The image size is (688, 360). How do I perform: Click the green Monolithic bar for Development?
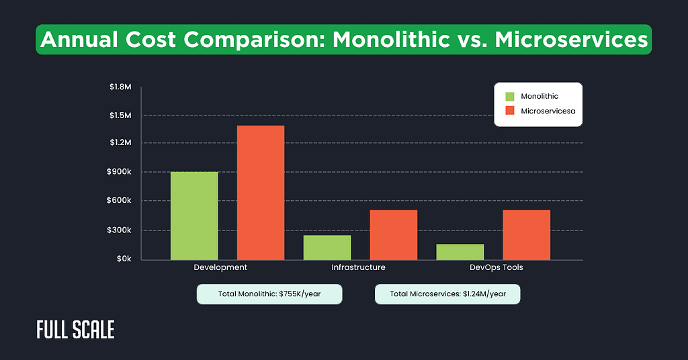[194, 216]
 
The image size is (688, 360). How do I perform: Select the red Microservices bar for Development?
[261, 193]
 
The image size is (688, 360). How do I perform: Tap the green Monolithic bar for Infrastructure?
[327, 247]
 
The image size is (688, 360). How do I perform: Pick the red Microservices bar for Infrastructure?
[394, 234]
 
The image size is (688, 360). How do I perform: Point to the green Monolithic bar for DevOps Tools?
[460, 252]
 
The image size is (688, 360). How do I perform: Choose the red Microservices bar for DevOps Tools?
[527, 234]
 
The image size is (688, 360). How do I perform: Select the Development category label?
[220, 267]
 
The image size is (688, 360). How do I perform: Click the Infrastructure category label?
[358, 267]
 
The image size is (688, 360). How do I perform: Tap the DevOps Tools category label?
[496, 267]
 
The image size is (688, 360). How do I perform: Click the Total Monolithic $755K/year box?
[269, 294]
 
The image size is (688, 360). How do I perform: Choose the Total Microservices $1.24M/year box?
[447, 294]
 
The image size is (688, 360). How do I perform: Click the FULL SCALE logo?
[75, 329]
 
